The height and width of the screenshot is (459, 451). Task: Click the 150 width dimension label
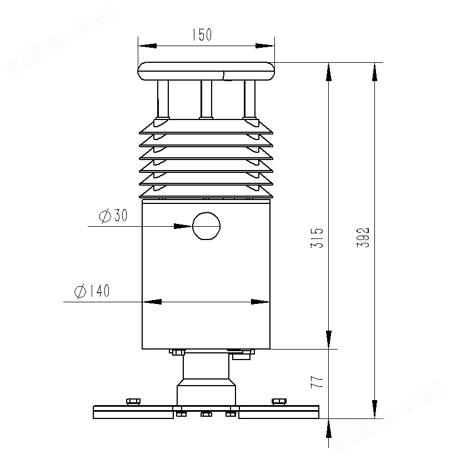pos(202,34)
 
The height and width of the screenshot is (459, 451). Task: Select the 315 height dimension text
pos(317,238)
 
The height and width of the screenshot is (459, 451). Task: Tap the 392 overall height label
pos(363,237)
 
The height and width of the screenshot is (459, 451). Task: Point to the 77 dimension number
pos(317,382)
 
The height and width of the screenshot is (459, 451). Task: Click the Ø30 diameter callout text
pos(113,216)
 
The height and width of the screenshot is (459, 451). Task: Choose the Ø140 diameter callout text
pos(92,291)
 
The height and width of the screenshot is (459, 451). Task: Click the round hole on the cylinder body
pos(206,226)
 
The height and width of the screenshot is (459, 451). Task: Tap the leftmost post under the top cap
pos(163,99)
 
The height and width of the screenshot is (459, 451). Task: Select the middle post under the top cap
pos(206,99)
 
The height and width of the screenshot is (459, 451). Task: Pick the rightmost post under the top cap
pos(249,99)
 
